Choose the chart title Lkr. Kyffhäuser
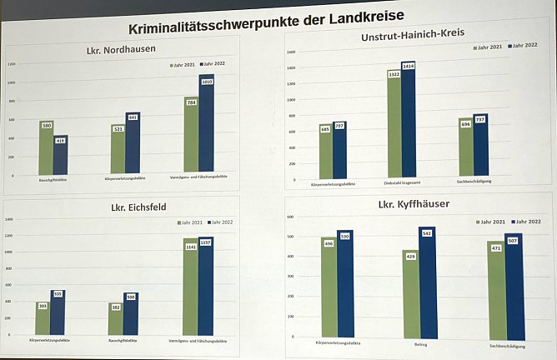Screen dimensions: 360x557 click(415, 205)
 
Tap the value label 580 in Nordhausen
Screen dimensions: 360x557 click(47, 126)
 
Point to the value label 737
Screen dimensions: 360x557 click(480, 119)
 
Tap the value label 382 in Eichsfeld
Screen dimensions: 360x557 click(117, 307)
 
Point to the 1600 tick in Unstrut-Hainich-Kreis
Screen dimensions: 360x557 click(291, 52)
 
